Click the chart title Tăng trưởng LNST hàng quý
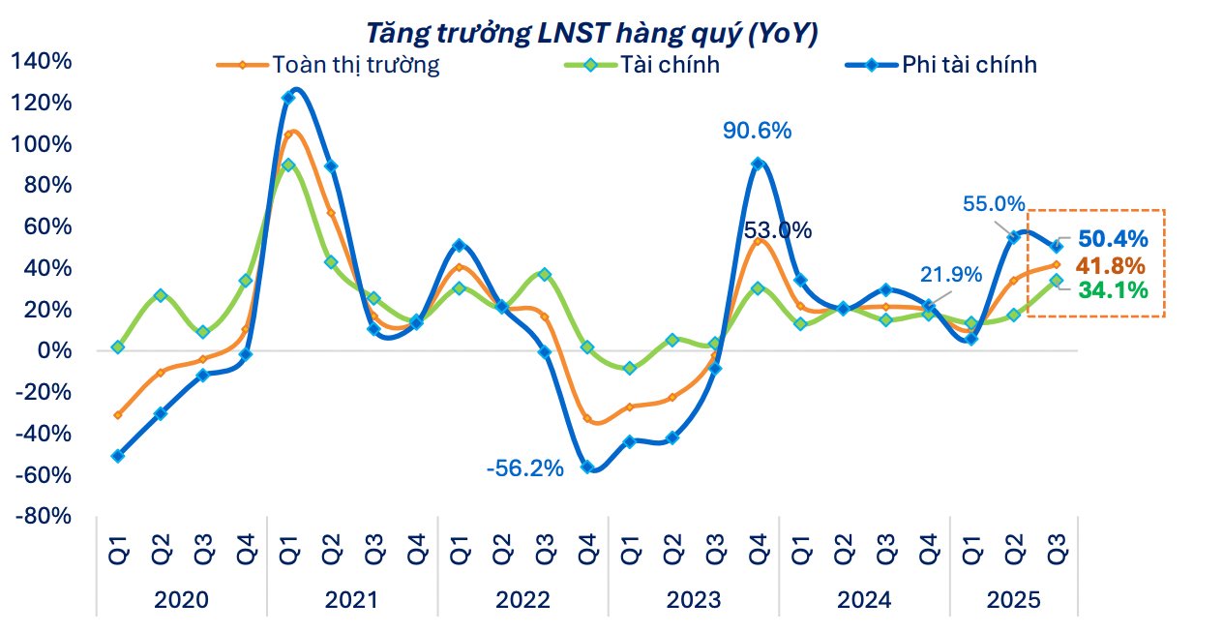(x=591, y=33)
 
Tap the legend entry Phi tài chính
(x=969, y=65)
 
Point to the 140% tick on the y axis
(x=42, y=61)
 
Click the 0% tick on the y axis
(x=54, y=350)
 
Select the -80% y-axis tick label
(x=45, y=516)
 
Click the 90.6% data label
(x=758, y=131)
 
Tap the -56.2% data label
(x=524, y=468)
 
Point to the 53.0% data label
(x=777, y=230)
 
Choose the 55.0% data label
(x=994, y=204)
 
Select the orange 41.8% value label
(x=1111, y=265)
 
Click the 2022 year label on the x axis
(x=523, y=600)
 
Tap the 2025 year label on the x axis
(x=1013, y=600)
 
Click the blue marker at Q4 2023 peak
(x=758, y=164)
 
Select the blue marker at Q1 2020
(x=118, y=455)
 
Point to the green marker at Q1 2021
(x=288, y=166)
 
